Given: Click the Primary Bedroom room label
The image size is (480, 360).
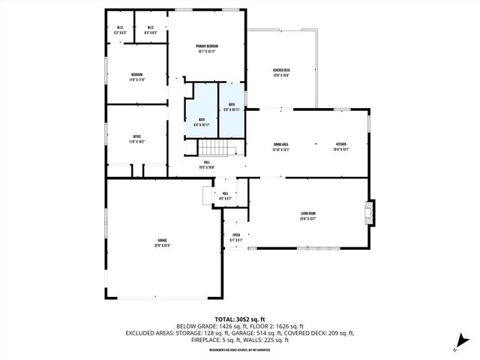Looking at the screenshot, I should coord(206,46).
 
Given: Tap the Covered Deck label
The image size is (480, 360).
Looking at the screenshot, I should coord(281,70).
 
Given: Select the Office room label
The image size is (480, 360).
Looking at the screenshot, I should coord(136,136).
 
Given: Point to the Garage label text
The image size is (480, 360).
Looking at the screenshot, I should coord(162,240).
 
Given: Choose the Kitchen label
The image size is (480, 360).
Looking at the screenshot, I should coord(340,144).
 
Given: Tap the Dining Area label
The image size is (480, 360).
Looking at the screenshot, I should coord(281,144).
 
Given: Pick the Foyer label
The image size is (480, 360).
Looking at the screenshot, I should coord(235,235).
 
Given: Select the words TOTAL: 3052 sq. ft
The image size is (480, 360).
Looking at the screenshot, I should coord(239,319).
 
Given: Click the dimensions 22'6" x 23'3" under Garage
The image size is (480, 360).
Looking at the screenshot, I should coord(162,245).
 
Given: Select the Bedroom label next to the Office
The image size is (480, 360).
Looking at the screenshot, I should coord(136,74).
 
